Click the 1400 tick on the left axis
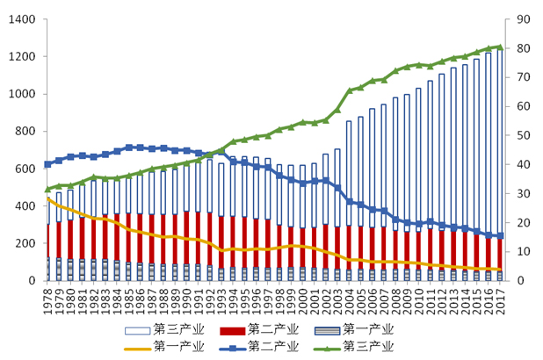pos(20,19)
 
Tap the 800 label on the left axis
pos(24,132)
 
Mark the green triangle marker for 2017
pos(499,47)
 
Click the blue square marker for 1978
pos(48,164)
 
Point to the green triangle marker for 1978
pos(48,189)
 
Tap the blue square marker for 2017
pos(499,235)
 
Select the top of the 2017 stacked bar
pos(499,50)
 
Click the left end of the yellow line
pos(48,198)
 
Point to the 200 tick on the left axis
pos(24,243)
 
